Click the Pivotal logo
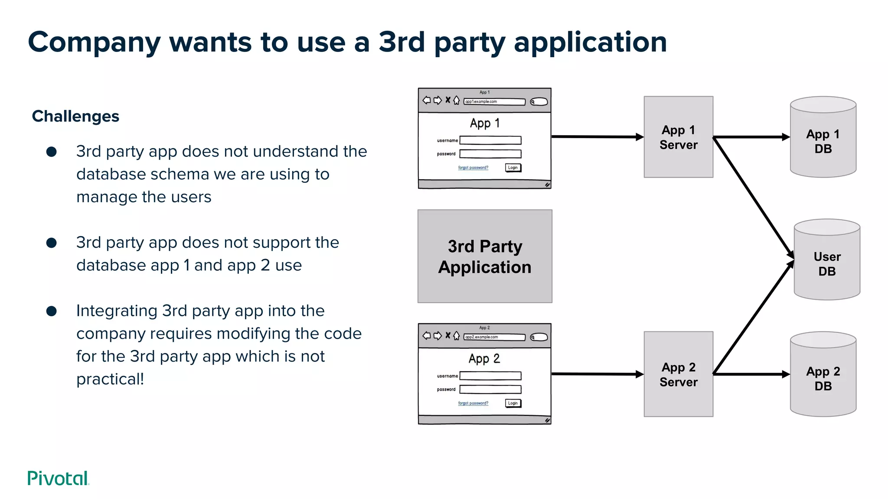click(x=58, y=478)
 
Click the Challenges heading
click(x=75, y=117)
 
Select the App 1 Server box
click(x=678, y=137)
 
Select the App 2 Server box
click(x=678, y=374)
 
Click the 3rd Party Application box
click(x=485, y=256)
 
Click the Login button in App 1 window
click(x=513, y=168)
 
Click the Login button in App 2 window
click(x=513, y=403)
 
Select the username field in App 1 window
click(x=490, y=140)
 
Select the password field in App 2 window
click(x=490, y=389)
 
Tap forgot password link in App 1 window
click(x=473, y=168)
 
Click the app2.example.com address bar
click(x=494, y=337)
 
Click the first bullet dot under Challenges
click(x=52, y=152)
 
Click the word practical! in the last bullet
click(x=110, y=379)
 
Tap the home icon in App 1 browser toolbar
click(x=456, y=100)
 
